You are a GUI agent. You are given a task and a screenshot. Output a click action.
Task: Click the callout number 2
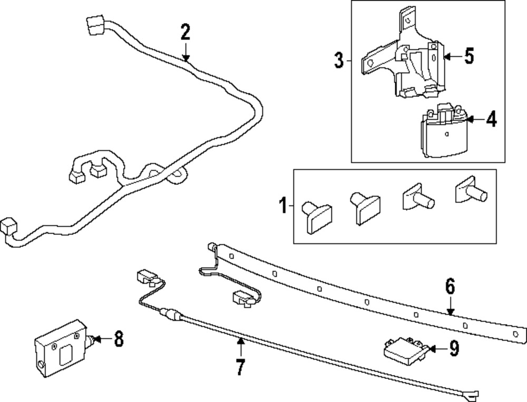[184, 33]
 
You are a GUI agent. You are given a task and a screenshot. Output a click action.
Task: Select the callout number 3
[339, 60]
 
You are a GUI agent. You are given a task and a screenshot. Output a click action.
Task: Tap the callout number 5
[469, 56]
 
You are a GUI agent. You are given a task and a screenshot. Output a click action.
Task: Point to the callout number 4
[491, 120]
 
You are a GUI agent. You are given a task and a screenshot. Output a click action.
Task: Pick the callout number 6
[450, 287]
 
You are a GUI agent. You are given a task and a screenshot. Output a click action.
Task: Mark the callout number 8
[119, 339]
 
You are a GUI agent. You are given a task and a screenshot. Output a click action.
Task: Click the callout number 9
[454, 348]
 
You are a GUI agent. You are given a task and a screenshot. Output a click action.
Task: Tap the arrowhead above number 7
[240, 342]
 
